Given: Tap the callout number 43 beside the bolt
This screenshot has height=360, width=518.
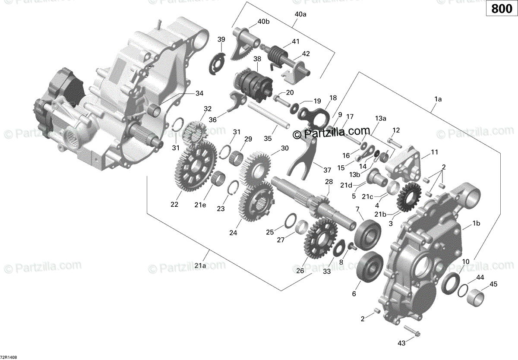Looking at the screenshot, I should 401,343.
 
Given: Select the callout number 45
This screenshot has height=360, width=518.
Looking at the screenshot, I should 493,284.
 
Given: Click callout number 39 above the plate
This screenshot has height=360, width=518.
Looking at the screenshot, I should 221,39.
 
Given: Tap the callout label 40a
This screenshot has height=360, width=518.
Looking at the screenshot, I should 300,15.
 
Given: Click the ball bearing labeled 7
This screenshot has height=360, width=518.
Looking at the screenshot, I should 368,235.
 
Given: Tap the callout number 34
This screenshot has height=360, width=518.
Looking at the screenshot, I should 199,93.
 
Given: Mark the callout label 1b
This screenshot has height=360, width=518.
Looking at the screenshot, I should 476,223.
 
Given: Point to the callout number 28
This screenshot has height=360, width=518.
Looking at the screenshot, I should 329,182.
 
